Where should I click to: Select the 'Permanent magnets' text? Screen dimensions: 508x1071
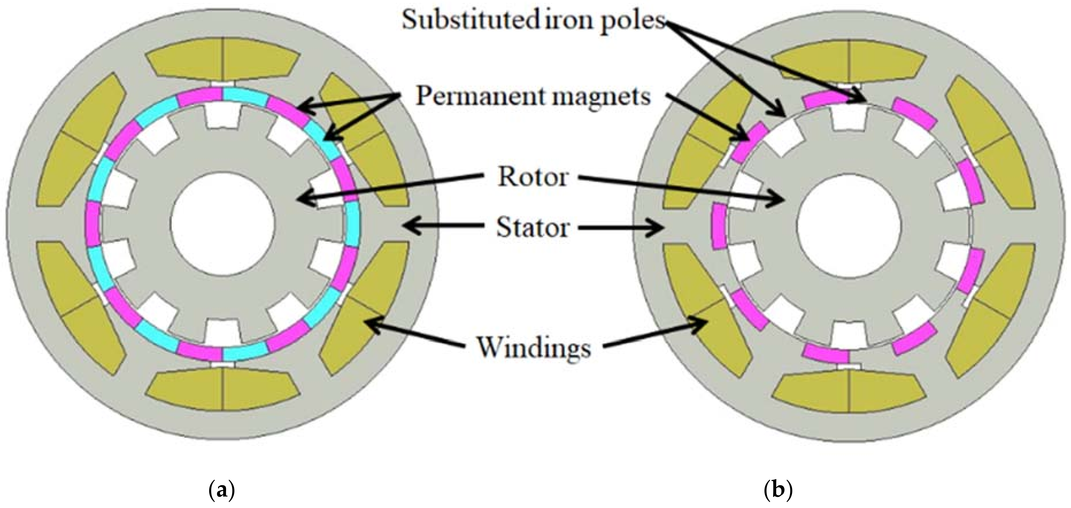[533, 97]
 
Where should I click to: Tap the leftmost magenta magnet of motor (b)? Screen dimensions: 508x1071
[717, 226]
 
